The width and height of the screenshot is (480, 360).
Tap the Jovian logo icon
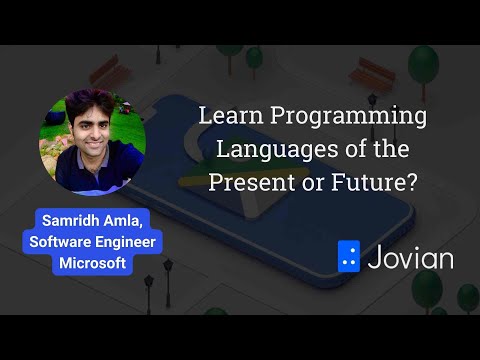(x=349, y=257)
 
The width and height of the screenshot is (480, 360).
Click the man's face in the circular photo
(x=92, y=132)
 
